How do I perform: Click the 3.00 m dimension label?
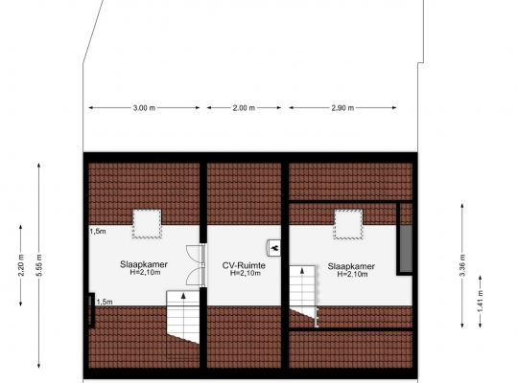click(x=144, y=108)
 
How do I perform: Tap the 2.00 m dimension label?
click(x=244, y=108)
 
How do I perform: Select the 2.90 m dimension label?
click(x=342, y=108)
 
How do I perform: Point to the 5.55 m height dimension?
click(x=39, y=265)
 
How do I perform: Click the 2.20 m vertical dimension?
click(x=21, y=265)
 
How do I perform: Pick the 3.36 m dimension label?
click(x=462, y=265)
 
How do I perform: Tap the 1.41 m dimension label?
click(x=481, y=302)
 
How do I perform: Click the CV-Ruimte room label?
click(x=244, y=265)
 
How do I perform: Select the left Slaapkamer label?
click(x=144, y=264)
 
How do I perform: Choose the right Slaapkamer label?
click(x=351, y=266)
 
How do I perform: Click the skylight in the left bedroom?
click(x=147, y=224)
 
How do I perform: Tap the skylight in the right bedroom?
click(x=348, y=224)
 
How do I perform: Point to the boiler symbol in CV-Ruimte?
click(x=273, y=248)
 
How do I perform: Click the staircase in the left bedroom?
click(x=183, y=317)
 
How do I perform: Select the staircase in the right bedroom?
click(x=303, y=293)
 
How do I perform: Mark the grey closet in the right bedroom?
click(x=407, y=249)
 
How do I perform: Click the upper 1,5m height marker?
click(x=98, y=232)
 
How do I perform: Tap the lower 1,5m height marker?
click(x=105, y=302)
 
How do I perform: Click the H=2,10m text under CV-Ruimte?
click(x=246, y=273)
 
